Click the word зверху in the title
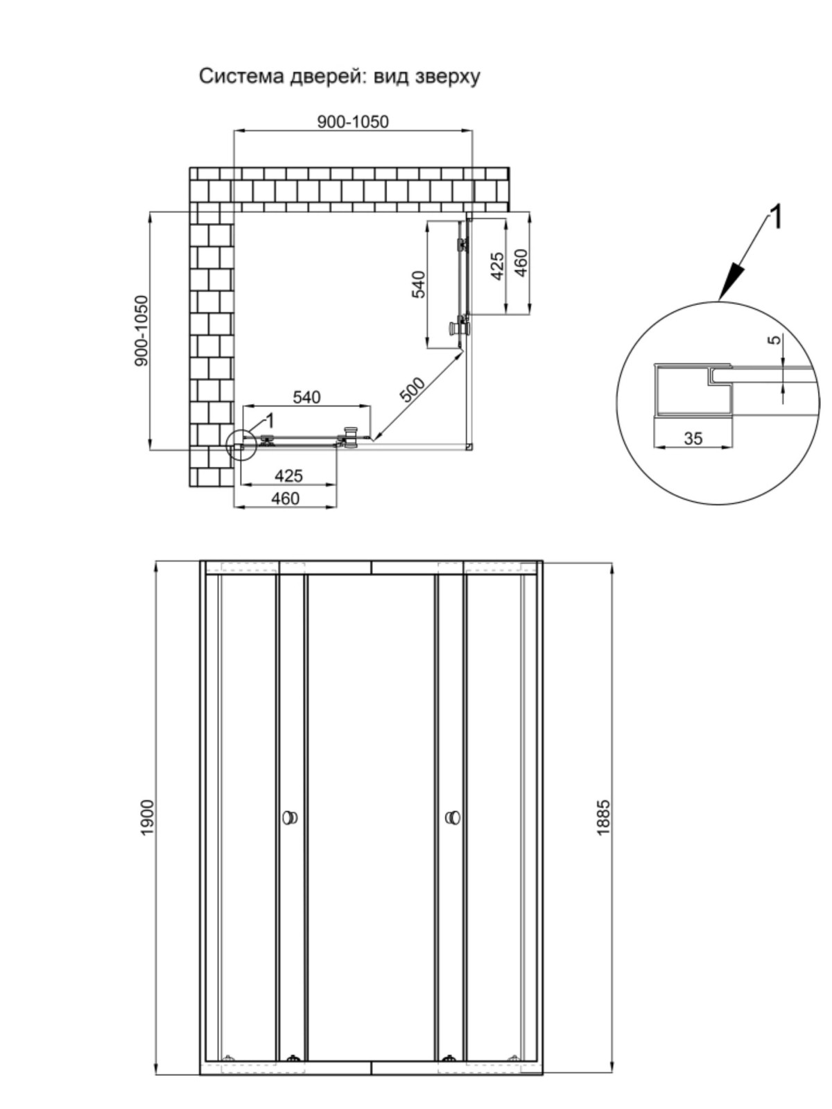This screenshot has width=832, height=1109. coord(448,78)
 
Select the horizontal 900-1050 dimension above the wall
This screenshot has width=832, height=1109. coord(353,122)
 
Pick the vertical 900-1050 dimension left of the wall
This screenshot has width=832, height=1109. coord(142,331)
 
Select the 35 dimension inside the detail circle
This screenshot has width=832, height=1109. coord(693,438)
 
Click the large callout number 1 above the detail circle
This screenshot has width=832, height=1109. coord(775,217)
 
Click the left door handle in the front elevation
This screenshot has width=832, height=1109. coord(290,817)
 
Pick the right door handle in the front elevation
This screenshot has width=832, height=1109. coord(453,817)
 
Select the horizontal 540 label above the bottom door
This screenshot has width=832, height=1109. coord(306,398)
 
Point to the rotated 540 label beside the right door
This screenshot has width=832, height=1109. coord(419,284)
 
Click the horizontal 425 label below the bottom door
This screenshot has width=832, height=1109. coord(288,476)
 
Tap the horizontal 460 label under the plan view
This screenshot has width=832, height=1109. coord(286,498)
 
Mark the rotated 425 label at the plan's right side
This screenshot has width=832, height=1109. coord(498,266)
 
